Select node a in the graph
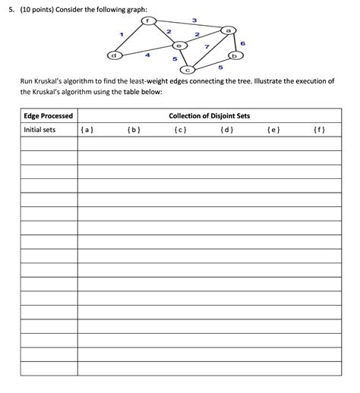click(x=229, y=30)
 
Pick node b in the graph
click(x=235, y=56)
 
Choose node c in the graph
click(x=187, y=70)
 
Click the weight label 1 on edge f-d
click(x=122, y=33)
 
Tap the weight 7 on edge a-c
click(x=207, y=47)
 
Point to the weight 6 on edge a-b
click(x=243, y=43)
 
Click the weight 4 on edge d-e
click(x=147, y=55)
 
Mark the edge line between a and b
click(x=232, y=42)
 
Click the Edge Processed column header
click(x=49, y=116)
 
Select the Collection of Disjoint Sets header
click(x=210, y=116)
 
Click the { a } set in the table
click(x=87, y=130)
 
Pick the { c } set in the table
click(x=179, y=130)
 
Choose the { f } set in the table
click(x=319, y=130)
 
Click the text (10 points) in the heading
click(x=42, y=8)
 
